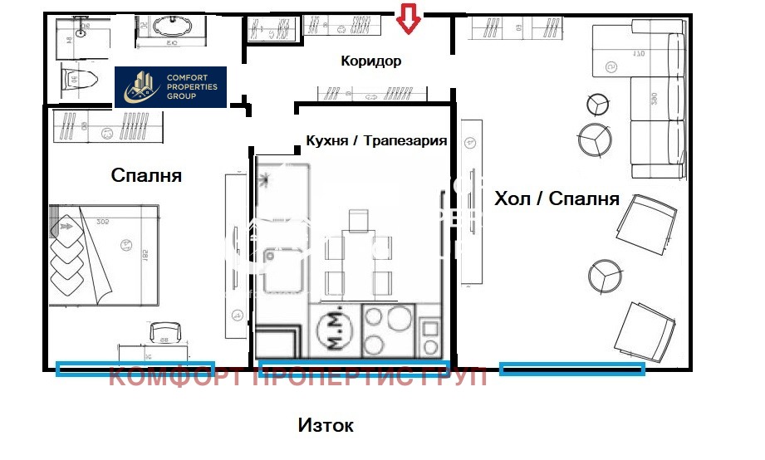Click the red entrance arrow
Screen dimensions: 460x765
pyautogui.click(x=407, y=19)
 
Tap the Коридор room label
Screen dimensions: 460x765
pyautogui.click(x=371, y=61)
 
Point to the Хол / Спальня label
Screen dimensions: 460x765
pyautogui.click(x=557, y=198)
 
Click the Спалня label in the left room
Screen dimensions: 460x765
pyautogui.click(x=146, y=175)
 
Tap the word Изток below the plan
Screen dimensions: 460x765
pyautogui.click(x=326, y=425)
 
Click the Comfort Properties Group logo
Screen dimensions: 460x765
pyautogui.click(x=170, y=86)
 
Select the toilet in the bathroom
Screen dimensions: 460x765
pyautogui.click(x=79, y=81)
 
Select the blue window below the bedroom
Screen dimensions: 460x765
pyautogui.click(x=135, y=368)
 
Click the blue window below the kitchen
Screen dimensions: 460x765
pyautogui.click(x=354, y=367)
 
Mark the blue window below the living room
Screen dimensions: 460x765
pyautogui.click(x=572, y=369)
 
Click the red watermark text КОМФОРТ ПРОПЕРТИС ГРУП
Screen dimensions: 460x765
pyautogui.click(x=299, y=379)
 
